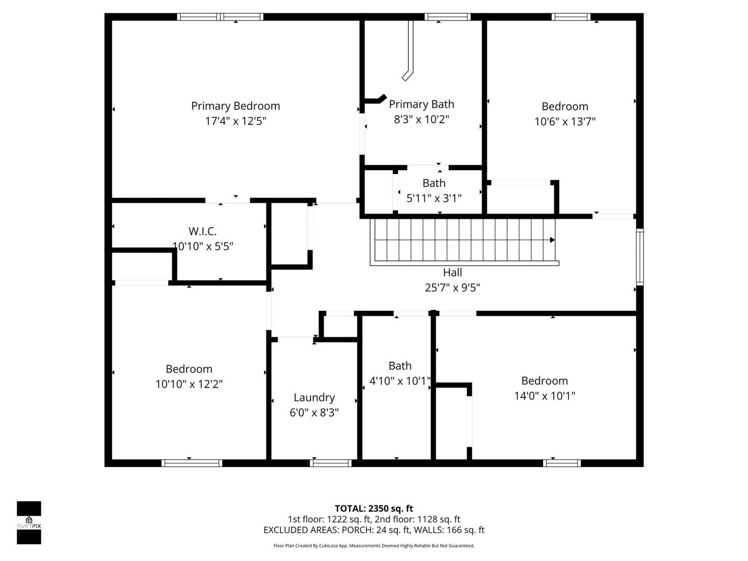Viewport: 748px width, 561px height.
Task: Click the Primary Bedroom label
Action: [x=235, y=106]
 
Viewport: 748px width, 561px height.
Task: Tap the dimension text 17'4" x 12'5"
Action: [x=235, y=121]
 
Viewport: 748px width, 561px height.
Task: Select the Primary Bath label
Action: [x=422, y=104]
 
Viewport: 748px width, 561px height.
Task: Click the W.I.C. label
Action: [x=203, y=231]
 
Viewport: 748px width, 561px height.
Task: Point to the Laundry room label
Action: [x=314, y=397]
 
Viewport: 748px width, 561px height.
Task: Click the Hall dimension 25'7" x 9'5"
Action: [x=452, y=288]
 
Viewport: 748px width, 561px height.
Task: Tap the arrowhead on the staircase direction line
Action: [x=552, y=240]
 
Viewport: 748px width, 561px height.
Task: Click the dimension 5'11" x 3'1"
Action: [x=434, y=198]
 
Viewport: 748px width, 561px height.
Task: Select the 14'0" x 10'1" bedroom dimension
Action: [x=544, y=396]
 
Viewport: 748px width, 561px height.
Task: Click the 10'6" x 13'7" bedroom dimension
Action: [x=565, y=122]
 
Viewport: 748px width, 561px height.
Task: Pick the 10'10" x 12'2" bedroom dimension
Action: [x=189, y=384]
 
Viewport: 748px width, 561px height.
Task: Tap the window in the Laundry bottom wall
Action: [x=330, y=463]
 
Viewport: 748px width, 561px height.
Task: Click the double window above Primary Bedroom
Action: [x=220, y=17]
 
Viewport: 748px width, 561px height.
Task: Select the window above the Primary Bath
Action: [x=447, y=17]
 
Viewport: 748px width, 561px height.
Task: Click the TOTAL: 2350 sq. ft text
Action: [x=374, y=508]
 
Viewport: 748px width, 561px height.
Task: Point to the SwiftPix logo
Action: [x=29, y=522]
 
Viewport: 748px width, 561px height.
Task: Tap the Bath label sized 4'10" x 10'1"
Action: [x=400, y=366]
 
